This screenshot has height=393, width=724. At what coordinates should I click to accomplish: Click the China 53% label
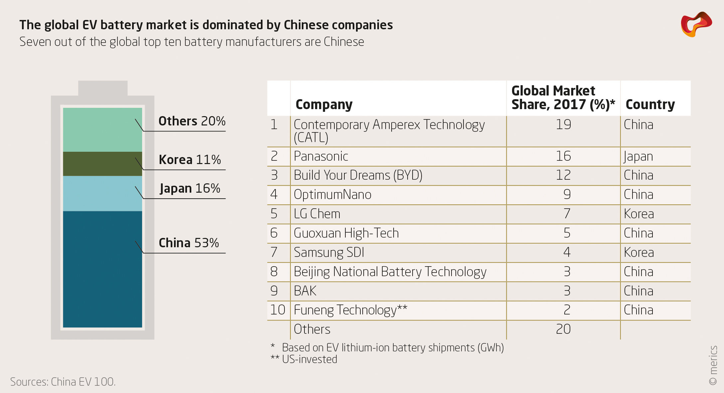[x=189, y=243]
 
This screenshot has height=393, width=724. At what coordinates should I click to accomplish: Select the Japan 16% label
[x=190, y=188]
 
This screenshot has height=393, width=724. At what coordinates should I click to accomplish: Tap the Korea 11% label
[x=190, y=160]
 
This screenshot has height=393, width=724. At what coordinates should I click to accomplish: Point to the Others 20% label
[x=192, y=121]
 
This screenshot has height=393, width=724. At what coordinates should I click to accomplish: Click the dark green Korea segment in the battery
[x=102, y=164]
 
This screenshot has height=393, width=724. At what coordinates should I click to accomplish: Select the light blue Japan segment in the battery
[x=102, y=193]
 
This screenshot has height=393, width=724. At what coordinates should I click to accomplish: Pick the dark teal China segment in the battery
[x=102, y=269]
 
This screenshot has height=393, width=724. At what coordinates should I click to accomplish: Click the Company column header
[x=324, y=104]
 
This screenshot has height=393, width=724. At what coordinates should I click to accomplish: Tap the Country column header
[x=650, y=104]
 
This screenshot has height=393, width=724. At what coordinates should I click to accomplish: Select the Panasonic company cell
[x=321, y=156]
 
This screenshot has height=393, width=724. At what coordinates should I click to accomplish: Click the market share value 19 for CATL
[x=563, y=125]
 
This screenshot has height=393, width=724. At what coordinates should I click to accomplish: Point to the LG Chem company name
[x=317, y=214]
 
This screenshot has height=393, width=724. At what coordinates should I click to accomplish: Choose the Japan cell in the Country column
[x=638, y=156]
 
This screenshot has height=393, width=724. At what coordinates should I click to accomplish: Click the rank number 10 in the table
[x=277, y=310]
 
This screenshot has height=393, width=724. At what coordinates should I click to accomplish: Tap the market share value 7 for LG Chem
[x=567, y=214]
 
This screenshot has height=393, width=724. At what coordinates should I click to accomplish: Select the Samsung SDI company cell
[x=329, y=253]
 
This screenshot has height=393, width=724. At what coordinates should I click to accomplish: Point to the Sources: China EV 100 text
[x=63, y=382]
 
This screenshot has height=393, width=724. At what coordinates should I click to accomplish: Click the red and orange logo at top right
[x=696, y=24]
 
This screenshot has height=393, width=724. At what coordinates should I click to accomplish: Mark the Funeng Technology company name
[x=350, y=310]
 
